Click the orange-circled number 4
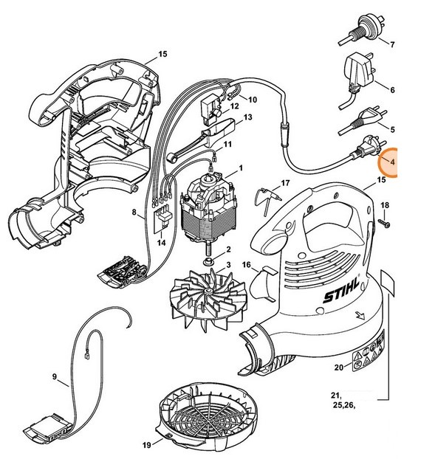392,161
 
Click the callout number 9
55,377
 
